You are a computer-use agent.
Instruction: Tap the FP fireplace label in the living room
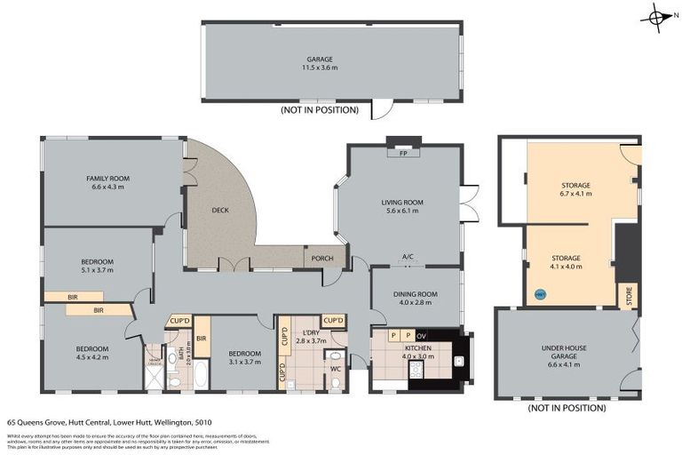403,153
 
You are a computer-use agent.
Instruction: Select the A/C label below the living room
408,258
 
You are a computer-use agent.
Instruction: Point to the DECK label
221,211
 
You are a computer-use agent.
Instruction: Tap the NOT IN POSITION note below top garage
319,110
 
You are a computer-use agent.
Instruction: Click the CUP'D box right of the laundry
335,320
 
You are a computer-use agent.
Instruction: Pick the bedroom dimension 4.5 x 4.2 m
91,357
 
